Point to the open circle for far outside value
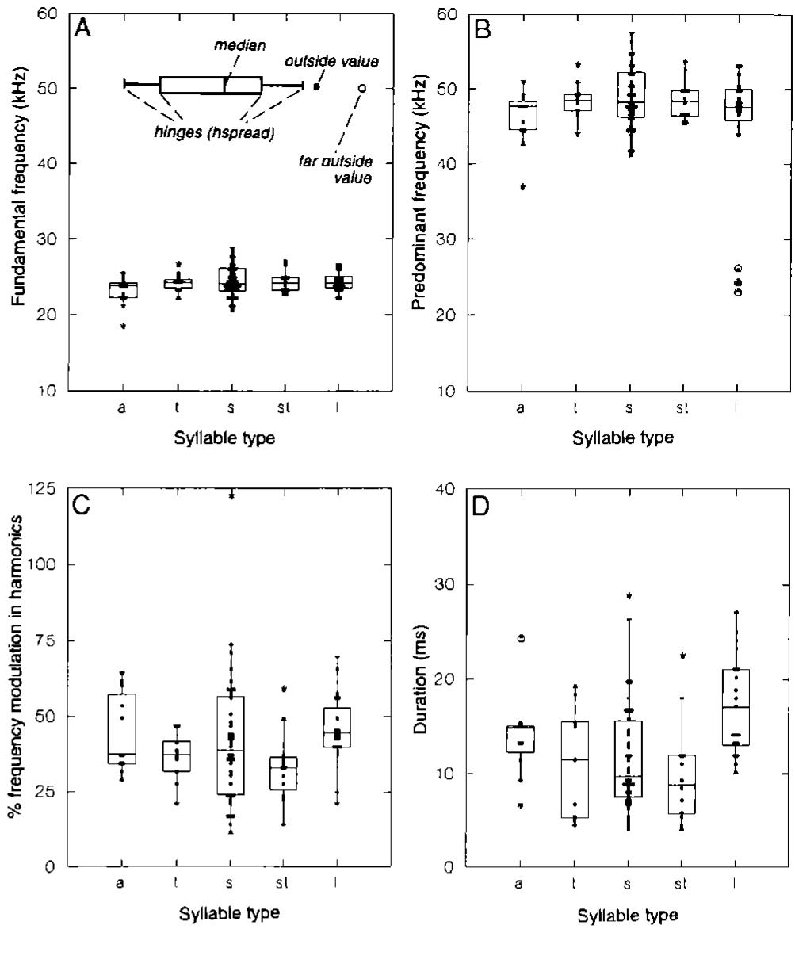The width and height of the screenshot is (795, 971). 361,88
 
